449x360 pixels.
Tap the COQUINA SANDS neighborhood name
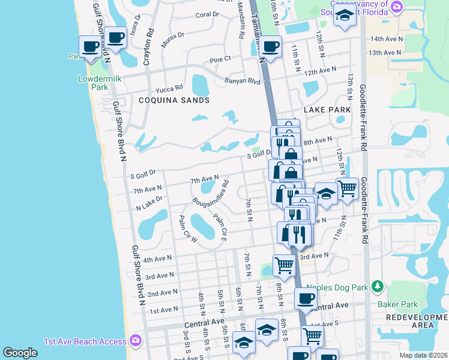pos(174,100)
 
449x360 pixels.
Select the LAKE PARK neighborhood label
pos(327,110)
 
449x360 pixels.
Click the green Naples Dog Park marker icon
pos(377,287)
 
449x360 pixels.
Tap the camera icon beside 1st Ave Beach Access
pos(135,341)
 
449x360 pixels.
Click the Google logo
pos(20,353)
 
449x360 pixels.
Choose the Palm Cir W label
pos(188,229)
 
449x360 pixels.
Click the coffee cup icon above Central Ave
pos(306,298)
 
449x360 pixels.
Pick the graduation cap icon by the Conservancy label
pos(345,16)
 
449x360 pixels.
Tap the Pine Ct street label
pos(220,59)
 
